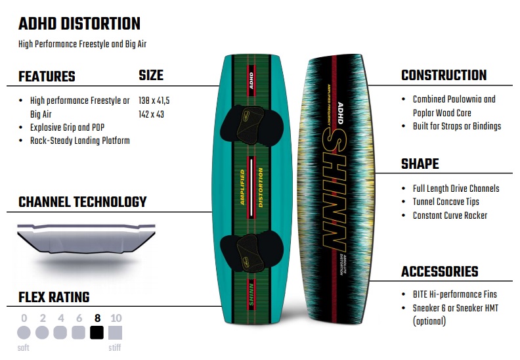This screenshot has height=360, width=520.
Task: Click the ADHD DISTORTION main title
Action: (79, 24)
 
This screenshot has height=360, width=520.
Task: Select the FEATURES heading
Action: (47, 76)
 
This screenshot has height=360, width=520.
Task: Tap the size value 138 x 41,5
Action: (154, 101)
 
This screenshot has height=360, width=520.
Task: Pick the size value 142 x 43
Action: (151, 114)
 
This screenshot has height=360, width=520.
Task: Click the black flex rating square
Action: (97, 332)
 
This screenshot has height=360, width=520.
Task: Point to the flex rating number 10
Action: (116, 318)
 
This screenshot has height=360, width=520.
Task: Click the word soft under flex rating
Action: (23, 348)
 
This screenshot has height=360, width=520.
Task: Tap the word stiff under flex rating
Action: (115, 348)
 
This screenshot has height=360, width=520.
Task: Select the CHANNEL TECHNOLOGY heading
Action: (83, 202)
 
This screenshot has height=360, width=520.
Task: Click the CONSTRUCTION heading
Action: (444, 75)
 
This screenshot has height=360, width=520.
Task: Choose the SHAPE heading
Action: (420, 164)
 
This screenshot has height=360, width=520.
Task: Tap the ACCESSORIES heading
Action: (440, 271)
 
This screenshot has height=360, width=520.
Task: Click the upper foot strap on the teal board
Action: (251, 124)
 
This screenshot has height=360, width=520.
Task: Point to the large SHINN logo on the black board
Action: (334, 189)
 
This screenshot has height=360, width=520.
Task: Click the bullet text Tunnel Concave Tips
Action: (446, 202)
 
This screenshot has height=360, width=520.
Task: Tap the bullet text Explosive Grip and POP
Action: (68, 127)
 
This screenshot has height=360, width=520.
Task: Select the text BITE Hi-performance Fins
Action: (454, 294)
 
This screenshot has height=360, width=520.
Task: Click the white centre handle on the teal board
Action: (251, 187)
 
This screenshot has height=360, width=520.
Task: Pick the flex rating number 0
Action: (24, 318)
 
